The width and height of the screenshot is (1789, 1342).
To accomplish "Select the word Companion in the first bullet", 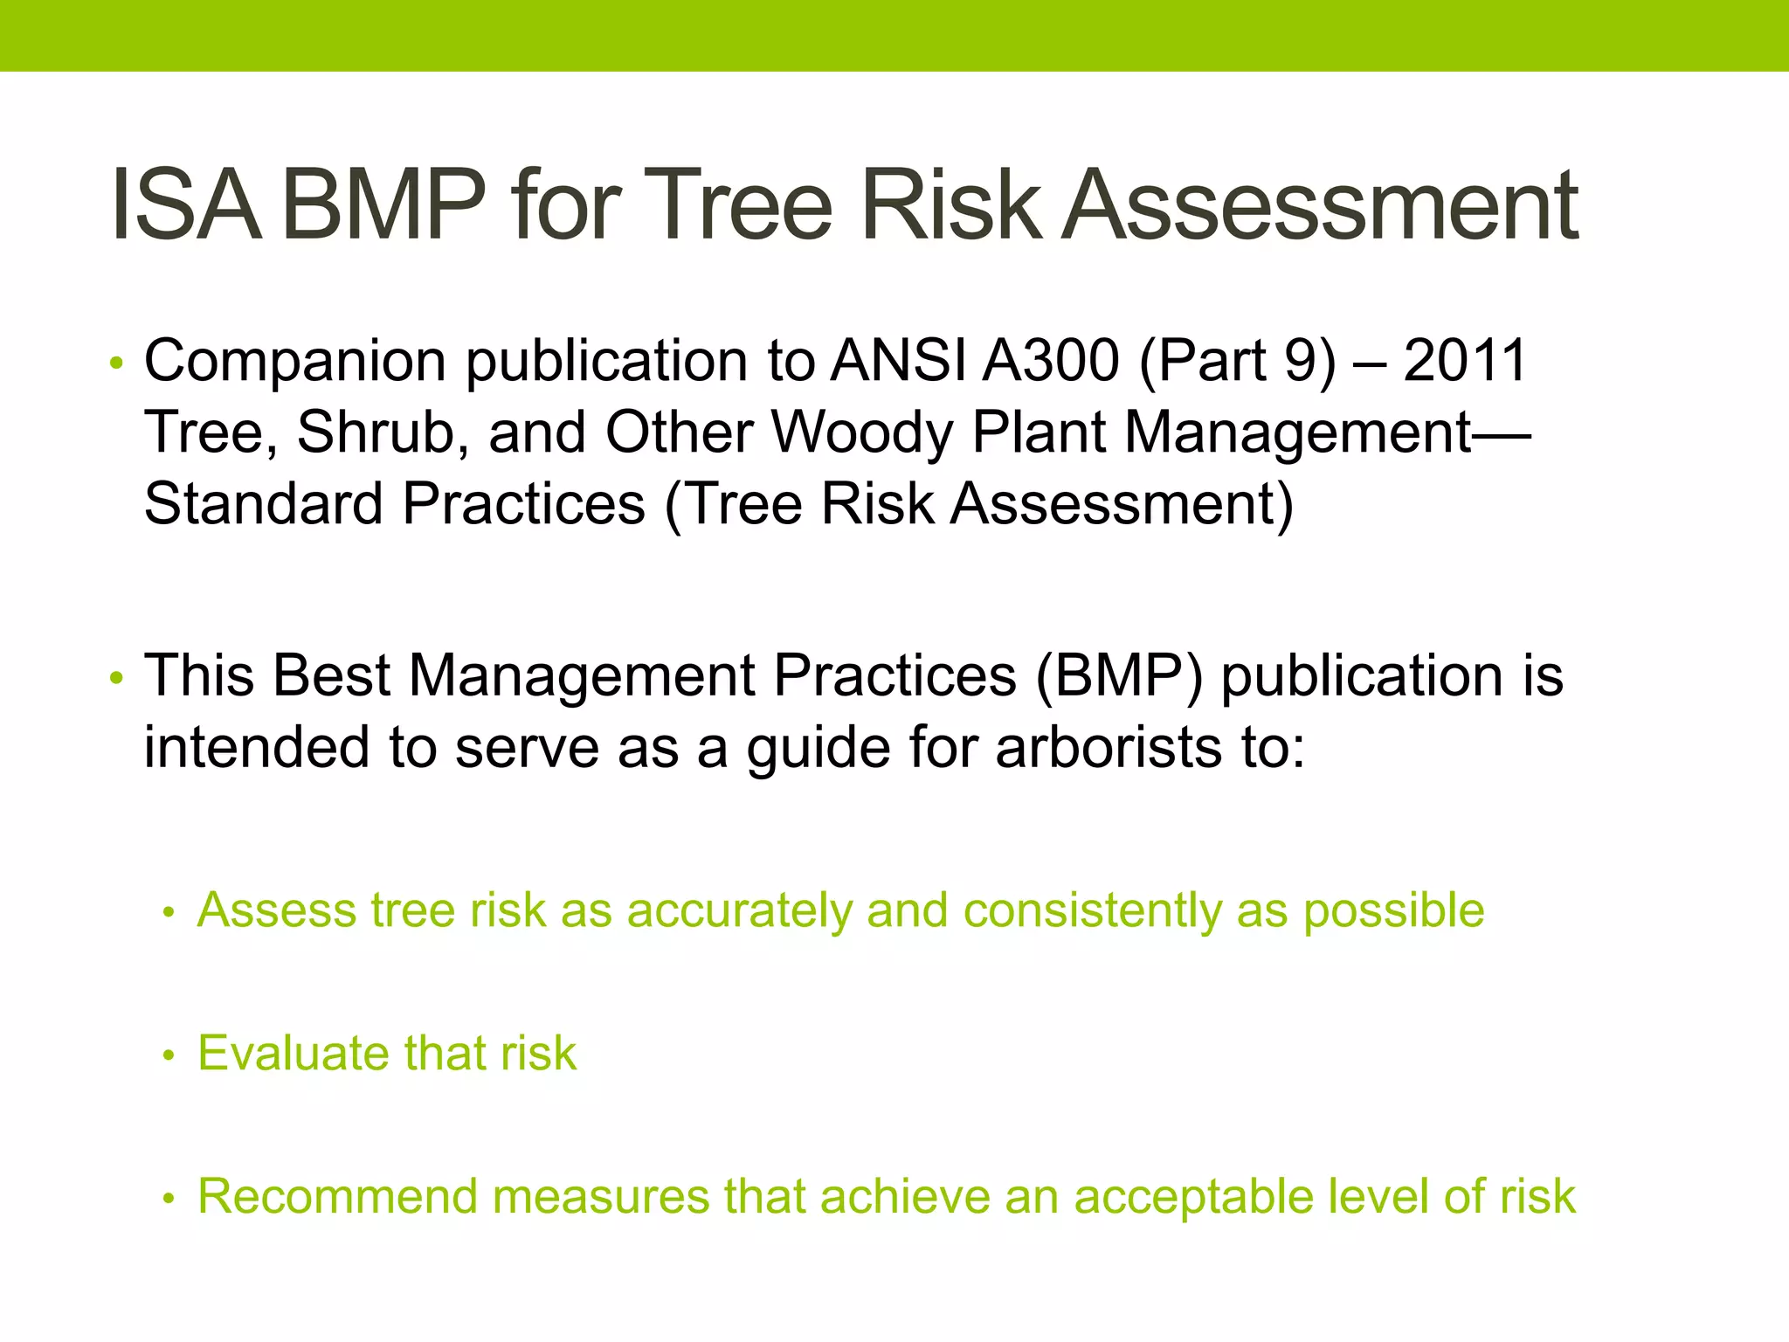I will [x=295, y=362].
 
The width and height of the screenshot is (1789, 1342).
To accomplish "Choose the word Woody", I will [x=863, y=433].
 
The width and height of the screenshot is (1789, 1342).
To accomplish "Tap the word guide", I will [x=819, y=750].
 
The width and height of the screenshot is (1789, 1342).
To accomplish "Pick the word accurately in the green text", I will [x=739, y=911].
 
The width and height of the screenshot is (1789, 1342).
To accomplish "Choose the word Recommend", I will [x=337, y=1196].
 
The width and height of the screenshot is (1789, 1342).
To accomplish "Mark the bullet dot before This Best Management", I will [x=117, y=679].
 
